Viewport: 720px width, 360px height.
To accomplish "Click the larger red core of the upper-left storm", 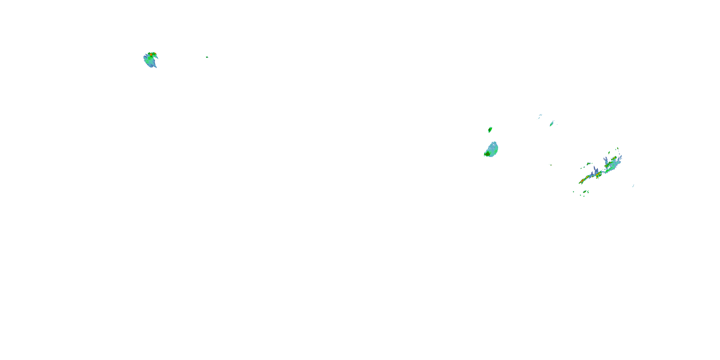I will (151, 55).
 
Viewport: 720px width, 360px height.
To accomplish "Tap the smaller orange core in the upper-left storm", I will (154, 53).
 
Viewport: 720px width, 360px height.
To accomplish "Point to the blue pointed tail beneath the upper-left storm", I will (156, 66).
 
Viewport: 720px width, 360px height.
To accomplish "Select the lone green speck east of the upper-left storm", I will (207, 57).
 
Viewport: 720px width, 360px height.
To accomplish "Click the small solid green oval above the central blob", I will (490, 130).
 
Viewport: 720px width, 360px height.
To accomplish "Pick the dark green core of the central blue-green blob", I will (487, 154).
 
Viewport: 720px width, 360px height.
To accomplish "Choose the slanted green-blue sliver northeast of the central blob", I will (552, 124).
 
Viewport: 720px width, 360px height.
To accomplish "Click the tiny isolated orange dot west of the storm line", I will (551, 165).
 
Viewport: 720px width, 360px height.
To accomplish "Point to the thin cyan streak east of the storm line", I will (633, 186).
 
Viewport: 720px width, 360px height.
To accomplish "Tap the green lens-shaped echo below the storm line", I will (585, 192).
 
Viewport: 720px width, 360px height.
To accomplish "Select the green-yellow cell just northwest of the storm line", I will (588, 163).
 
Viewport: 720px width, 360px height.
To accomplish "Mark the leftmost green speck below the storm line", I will (574, 192).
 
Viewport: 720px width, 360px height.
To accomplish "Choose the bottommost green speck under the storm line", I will (584, 196).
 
